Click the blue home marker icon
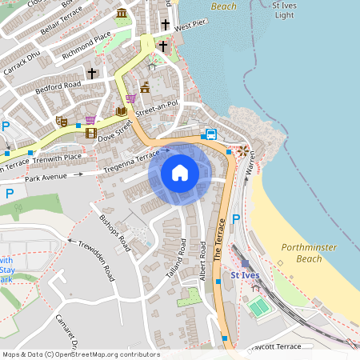click(x=180, y=173)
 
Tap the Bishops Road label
click(x=114, y=228)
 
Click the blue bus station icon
click(x=210, y=134)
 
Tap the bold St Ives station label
click(x=244, y=275)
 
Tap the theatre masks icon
click(x=60, y=121)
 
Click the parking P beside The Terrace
click(x=235, y=218)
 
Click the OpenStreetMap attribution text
click(x=80, y=354)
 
